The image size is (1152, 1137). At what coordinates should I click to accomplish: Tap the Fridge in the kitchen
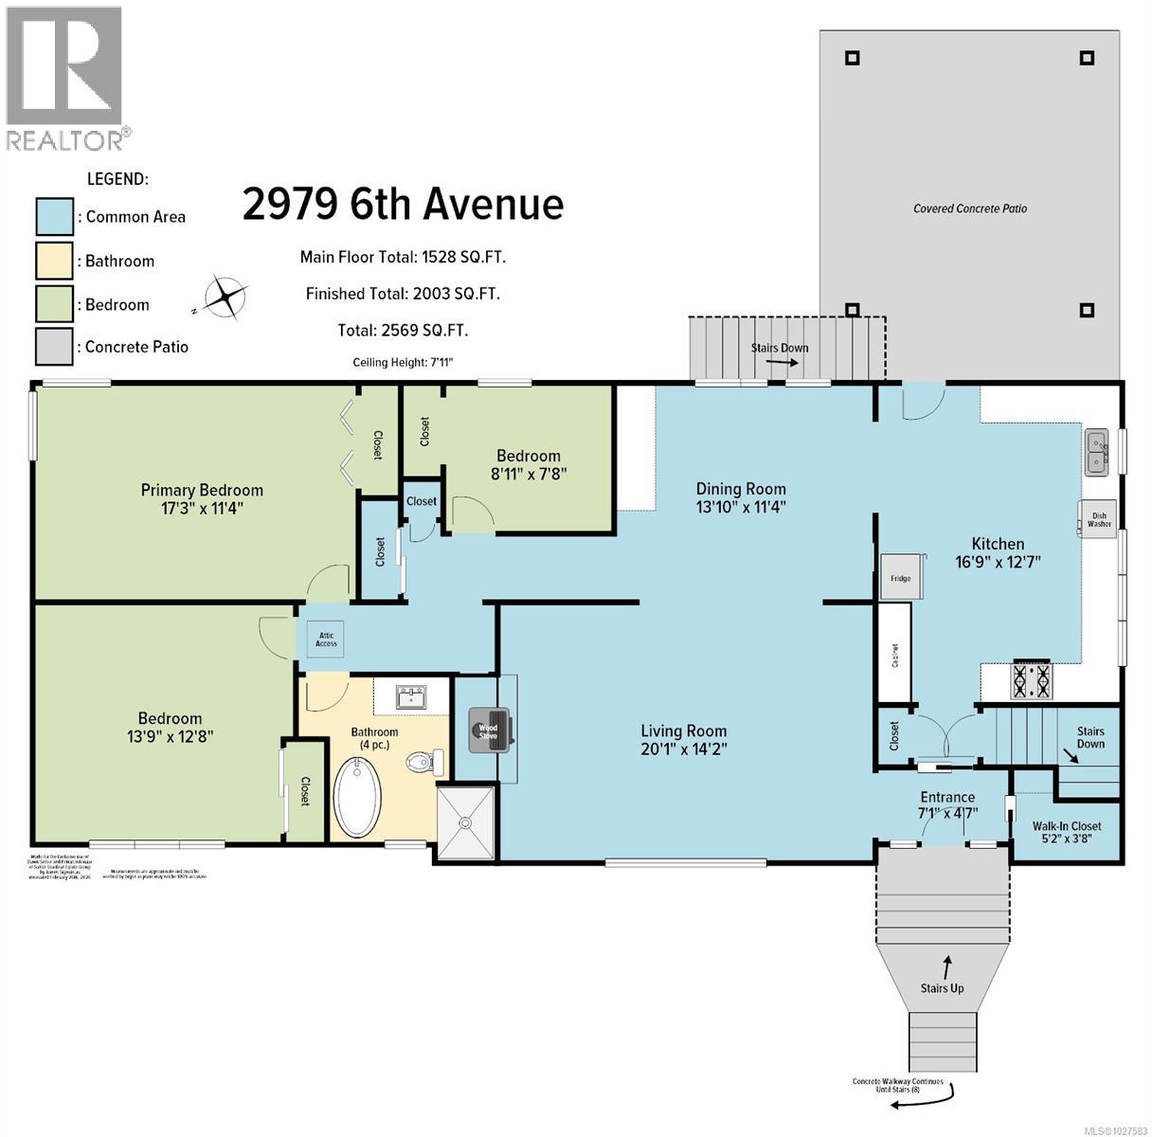pos(901,576)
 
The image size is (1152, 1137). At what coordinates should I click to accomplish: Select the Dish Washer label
pos(1098,519)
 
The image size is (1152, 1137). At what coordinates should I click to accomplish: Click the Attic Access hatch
pos(326,640)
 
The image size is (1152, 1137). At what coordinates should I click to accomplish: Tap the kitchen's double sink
pos(1097,452)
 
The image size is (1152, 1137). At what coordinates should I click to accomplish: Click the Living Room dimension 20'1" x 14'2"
pos(683,749)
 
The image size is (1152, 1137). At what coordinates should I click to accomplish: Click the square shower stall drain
pos(466,823)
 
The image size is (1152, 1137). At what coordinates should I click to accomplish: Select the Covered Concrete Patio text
pos(969,208)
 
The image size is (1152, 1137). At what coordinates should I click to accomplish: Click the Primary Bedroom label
pos(202,490)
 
